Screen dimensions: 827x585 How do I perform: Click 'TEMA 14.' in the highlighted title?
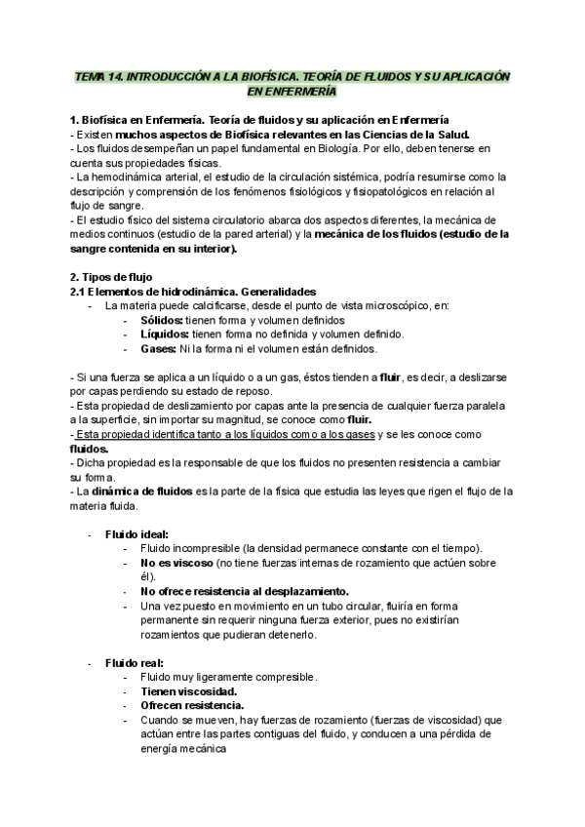point(101,76)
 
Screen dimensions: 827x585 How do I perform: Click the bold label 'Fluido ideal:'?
point(136,534)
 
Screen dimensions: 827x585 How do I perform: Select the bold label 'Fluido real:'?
point(135,663)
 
